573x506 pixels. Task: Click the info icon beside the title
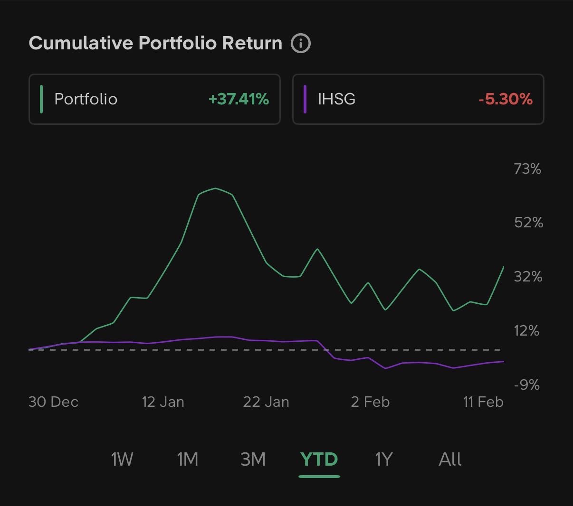coord(301,43)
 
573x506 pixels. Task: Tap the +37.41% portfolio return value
coord(239,99)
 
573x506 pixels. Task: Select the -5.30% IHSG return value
coord(506,99)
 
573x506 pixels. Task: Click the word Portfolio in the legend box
coord(86,99)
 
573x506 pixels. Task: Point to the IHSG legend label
coord(336,99)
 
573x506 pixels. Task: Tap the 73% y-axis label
coord(527,169)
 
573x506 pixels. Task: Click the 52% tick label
coord(528,222)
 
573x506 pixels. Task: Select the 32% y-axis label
coord(528,276)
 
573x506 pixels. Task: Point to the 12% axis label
coord(526,330)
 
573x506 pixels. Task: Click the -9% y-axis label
coord(526,384)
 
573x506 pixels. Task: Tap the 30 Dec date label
coord(53,402)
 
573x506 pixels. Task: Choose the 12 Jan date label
coord(163,402)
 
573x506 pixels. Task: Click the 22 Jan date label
coord(266,402)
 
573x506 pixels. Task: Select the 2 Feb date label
coord(370,402)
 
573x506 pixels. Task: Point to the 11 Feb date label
coord(483,402)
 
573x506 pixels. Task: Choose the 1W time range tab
coord(122,459)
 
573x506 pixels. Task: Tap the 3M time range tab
coord(253,459)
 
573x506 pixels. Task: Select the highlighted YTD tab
coord(319,459)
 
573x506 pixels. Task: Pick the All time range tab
coord(450,459)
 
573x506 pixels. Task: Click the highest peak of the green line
coord(215,188)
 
